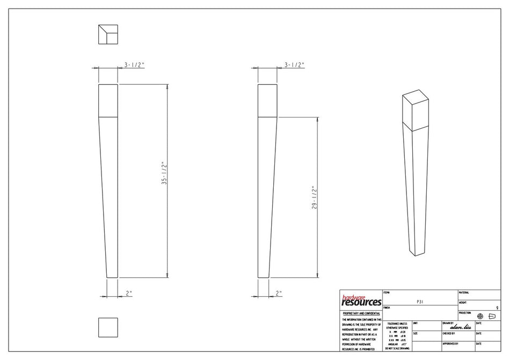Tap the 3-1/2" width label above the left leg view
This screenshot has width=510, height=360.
pyautogui.click(x=134, y=64)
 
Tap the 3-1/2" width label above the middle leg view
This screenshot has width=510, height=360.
pyautogui.click(x=294, y=64)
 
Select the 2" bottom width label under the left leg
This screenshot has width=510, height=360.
pyautogui.click(x=129, y=293)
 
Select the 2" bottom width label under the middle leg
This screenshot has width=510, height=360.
pyautogui.click(x=279, y=293)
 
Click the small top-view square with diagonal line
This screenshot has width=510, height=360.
pyautogui.click(x=108, y=34)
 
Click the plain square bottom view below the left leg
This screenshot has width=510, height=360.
pyautogui.click(x=108, y=327)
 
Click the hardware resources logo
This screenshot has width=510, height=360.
pyautogui.click(x=361, y=300)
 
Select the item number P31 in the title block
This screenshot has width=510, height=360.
pyautogui.click(x=420, y=302)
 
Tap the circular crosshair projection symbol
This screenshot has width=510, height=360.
pyautogui.click(x=480, y=317)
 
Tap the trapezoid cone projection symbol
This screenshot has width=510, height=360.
pyautogui.click(x=492, y=317)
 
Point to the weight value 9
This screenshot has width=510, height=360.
pyautogui.click(x=497, y=308)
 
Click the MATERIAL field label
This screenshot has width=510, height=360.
pyautogui.click(x=464, y=293)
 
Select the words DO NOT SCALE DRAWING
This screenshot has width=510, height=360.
pyautogui.click(x=397, y=349)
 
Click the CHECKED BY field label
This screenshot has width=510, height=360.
pyautogui.click(x=449, y=333)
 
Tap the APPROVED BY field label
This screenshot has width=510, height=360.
pyautogui.click(x=450, y=343)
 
